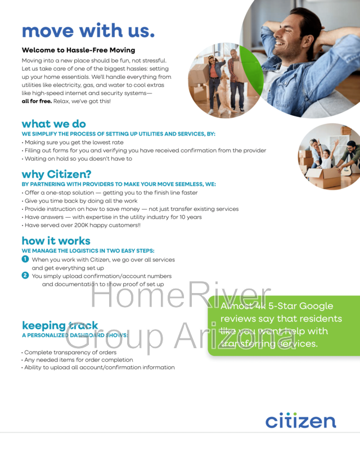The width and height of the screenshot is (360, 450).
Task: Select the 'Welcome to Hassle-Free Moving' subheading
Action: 78,50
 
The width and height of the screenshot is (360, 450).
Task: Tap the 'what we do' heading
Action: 53,124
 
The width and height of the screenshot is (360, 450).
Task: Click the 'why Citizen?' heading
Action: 56,174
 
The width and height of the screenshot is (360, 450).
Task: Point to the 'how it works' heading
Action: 56,241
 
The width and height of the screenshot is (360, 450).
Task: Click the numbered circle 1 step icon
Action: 25,259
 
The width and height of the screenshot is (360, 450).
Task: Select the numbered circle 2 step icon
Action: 25,276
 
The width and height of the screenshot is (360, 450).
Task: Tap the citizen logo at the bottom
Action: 300,420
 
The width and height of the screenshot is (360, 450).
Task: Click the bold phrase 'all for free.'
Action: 37,101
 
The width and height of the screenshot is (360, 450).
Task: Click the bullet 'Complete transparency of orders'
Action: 70,352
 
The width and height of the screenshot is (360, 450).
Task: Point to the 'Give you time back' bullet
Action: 81,201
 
